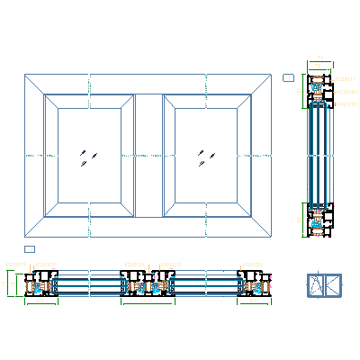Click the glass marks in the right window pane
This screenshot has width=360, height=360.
click(x=206, y=157)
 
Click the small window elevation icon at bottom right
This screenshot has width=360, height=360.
click(x=325, y=285)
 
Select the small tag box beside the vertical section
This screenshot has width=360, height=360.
click(x=288, y=78)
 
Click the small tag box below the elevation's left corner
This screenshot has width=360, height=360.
click(x=29, y=248)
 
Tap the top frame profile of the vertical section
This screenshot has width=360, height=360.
click(x=319, y=90)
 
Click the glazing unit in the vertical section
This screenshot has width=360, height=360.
click(x=319, y=155)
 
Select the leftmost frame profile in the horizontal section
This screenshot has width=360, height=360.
click(x=41, y=284)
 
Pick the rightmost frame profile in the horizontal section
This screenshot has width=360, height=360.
click(x=254, y=284)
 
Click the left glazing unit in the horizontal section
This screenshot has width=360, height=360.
click(x=90, y=285)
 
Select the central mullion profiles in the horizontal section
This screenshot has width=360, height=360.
click(x=148, y=284)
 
